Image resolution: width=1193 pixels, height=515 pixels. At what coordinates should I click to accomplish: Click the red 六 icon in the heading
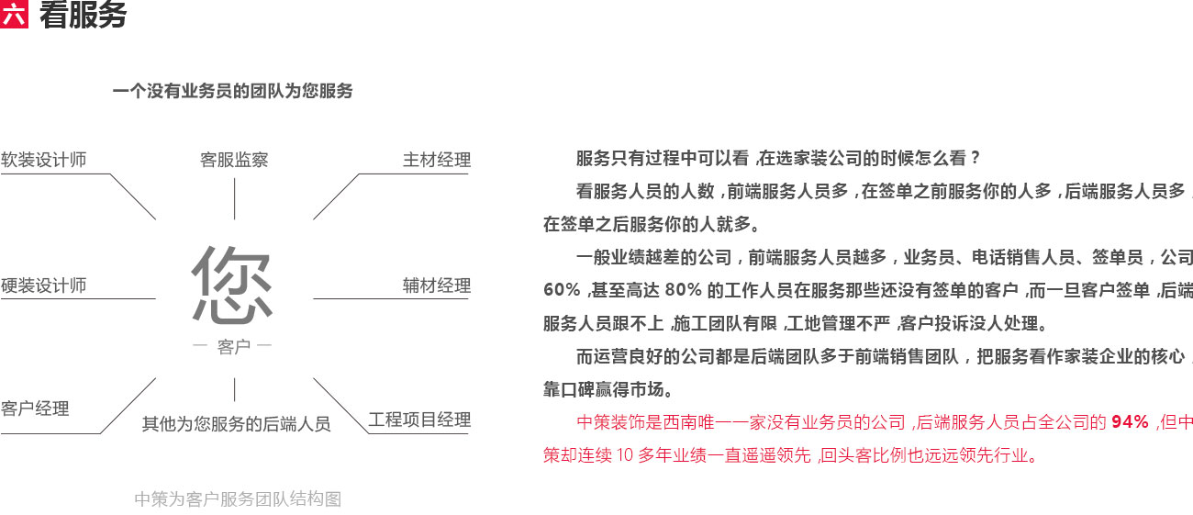click(x=15, y=16)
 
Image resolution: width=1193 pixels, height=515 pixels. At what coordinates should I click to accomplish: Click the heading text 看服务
click(x=83, y=16)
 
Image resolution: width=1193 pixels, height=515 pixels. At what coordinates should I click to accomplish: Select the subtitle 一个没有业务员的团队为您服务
click(x=232, y=91)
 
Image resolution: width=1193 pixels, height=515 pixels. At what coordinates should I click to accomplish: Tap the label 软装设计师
click(x=44, y=160)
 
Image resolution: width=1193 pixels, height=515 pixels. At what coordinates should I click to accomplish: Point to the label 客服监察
click(x=234, y=160)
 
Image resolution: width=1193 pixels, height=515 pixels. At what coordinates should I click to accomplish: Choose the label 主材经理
click(x=437, y=160)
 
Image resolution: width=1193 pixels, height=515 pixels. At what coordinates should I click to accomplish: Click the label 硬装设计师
click(x=44, y=285)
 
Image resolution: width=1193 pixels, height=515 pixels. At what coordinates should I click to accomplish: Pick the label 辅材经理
click(x=437, y=285)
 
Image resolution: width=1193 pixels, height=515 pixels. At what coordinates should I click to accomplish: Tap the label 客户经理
click(x=35, y=409)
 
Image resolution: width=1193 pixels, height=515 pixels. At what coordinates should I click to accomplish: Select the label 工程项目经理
click(x=419, y=420)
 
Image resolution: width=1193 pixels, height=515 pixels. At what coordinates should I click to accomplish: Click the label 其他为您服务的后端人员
click(x=236, y=424)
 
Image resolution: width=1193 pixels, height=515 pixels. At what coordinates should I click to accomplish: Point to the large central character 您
click(x=233, y=285)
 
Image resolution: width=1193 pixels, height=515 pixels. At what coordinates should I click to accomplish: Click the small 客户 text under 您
click(x=234, y=347)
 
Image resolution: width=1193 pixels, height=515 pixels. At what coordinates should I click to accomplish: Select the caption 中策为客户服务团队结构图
click(x=238, y=499)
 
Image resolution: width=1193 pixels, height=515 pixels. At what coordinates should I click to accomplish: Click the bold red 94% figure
click(x=1130, y=422)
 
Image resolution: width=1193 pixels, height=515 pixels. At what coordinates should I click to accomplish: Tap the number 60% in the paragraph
click(x=562, y=290)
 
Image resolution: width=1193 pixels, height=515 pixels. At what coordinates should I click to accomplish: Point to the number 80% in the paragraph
click(x=683, y=290)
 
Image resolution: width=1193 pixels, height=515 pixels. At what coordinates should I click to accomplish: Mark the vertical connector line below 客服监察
click(x=235, y=198)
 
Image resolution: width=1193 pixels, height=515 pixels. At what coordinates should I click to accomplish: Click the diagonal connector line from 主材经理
click(x=336, y=196)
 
